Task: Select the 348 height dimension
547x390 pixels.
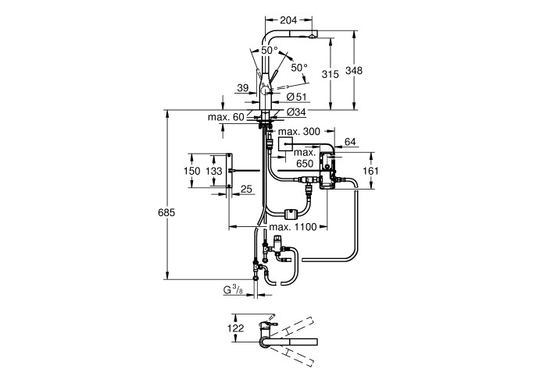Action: [x=356, y=71]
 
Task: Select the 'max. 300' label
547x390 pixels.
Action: [x=299, y=133]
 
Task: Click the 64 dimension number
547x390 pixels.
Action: [x=350, y=141]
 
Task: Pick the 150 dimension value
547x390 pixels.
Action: [x=192, y=171]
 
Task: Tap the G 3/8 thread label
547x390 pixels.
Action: [x=232, y=290]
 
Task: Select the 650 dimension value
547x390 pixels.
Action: [x=306, y=165]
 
